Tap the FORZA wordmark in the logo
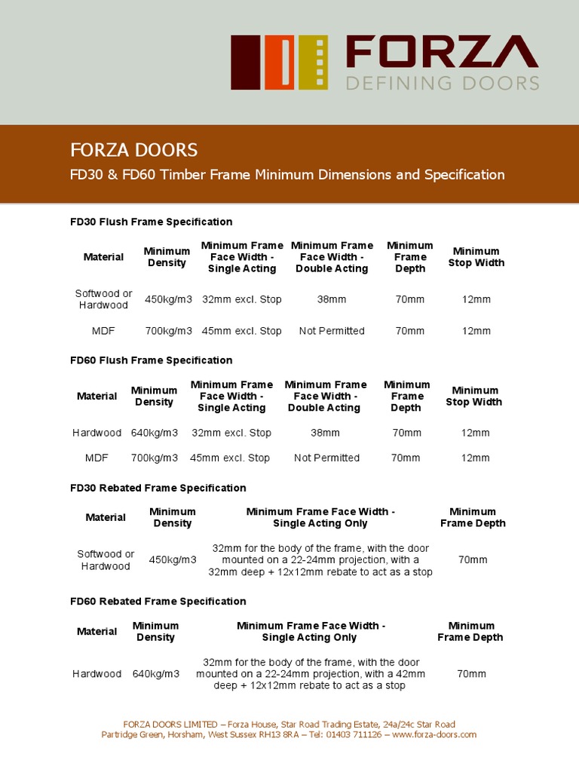click(442, 53)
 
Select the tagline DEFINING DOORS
click(443, 82)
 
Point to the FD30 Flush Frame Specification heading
click(151, 222)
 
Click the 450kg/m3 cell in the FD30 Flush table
click(168, 299)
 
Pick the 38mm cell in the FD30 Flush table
click(332, 299)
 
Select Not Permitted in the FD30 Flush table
click(332, 331)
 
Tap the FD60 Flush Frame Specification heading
click(151, 360)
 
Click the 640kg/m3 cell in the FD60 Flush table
click(154, 433)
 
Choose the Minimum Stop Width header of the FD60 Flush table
click(473, 396)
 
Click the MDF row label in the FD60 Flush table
click(96, 458)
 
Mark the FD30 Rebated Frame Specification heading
click(158, 488)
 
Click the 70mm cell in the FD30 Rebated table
click(473, 559)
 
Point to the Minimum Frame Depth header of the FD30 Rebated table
click(473, 517)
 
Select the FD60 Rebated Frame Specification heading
click(158, 601)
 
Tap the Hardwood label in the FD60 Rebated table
click(96, 674)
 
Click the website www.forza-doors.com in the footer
click(434, 734)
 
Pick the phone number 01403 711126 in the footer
click(356, 734)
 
